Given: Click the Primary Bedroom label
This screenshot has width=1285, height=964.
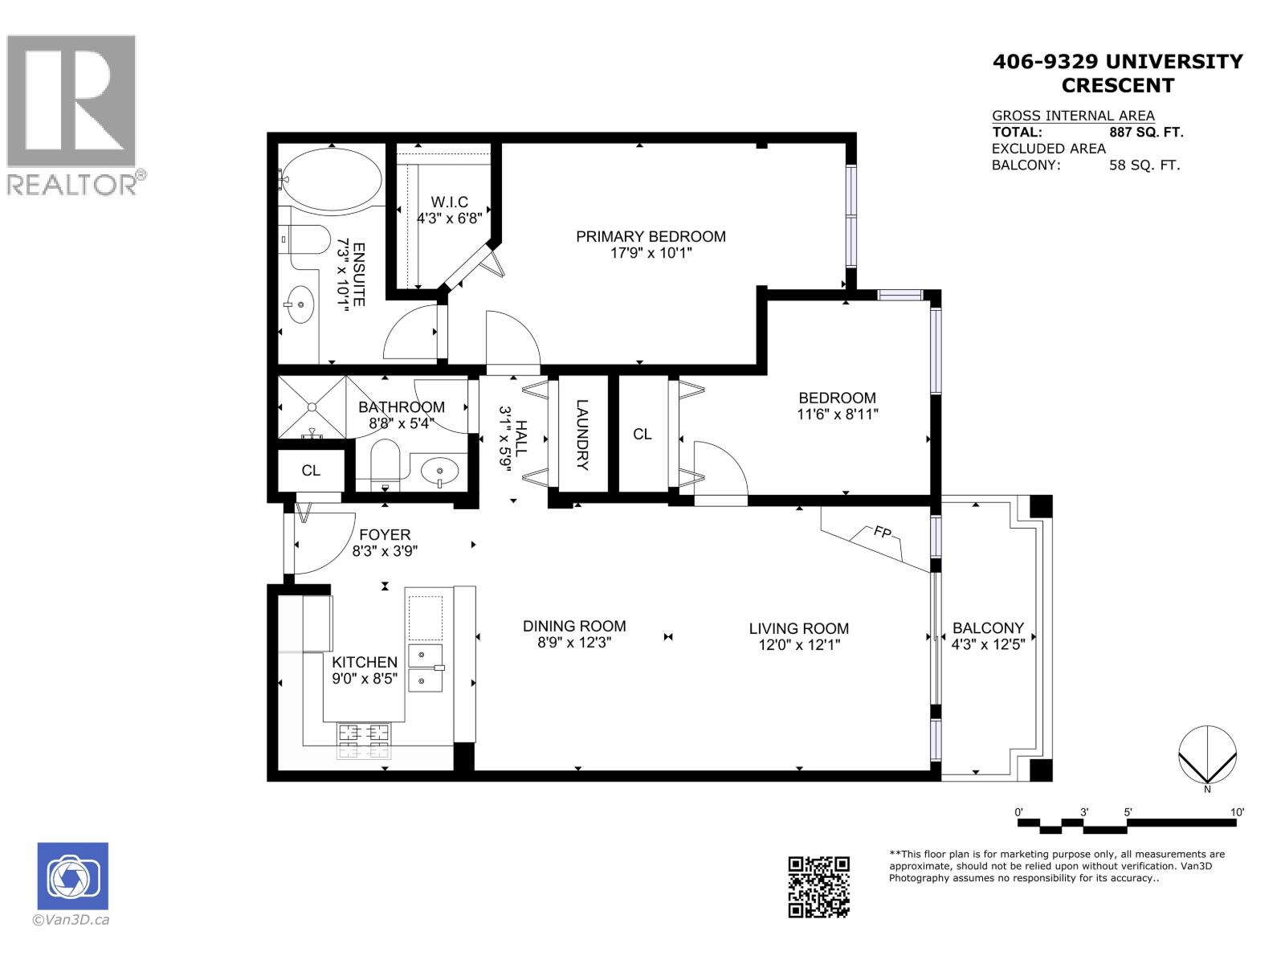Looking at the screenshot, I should pos(651,236).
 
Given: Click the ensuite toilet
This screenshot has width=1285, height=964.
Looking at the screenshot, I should pos(308,239).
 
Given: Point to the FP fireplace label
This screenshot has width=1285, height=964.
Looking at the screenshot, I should pos(881,531).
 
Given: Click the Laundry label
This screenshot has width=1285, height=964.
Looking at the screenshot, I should pos(582,435).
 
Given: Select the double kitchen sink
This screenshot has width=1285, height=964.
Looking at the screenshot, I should pos(426,668).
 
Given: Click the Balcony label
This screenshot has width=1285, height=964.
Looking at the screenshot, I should pos(987,628).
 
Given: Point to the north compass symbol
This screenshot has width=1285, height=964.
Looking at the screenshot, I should pos(1207,755).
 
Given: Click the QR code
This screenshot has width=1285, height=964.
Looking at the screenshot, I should pos(818,887).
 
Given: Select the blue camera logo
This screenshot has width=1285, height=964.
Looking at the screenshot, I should pos(72,876).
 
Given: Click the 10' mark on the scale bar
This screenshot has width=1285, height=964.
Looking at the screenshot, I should pos(1238,813).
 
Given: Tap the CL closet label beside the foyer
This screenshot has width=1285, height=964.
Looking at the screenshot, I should pos(311,471).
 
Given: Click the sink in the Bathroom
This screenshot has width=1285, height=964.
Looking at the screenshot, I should pos(439,470).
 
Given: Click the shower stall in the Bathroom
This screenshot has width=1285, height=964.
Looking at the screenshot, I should pos(312,406).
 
